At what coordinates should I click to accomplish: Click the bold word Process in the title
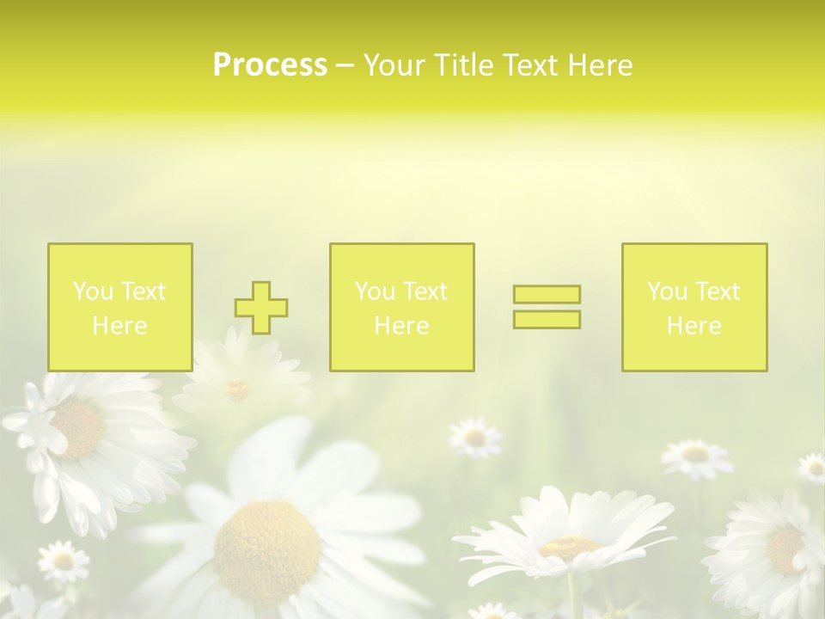pyautogui.click(x=270, y=65)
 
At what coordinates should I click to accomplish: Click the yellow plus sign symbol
pyautogui.click(x=261, y=308)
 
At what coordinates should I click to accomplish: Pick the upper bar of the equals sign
pyautogui.click(x=547, y=294)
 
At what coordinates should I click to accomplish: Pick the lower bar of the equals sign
pyautogui.click(x=547, y=320)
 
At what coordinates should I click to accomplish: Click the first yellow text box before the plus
pyautogui.click(x=120, y=308)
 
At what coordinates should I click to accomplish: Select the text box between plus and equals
pyautogui.click(x=401, y=308)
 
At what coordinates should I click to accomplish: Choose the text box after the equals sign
pyautogui.click(x=694, y=308)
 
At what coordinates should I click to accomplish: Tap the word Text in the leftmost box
pyautogui.click(x=143, y=291)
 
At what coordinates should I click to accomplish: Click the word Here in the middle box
pyautogui.click(x=401, y=326)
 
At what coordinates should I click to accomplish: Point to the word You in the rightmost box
pyautogui.click(x=667, y=291)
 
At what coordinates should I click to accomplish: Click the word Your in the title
pyautogui.click(x=396, y=65)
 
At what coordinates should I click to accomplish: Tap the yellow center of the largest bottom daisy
pyautogui.click(x=266, y=541)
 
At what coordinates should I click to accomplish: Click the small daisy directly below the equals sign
pyautogui.click(x=475, y=438)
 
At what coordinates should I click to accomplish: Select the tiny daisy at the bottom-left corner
pyautogui.click(x=64, y=561)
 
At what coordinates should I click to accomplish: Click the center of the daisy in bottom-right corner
pyautogui.click(x=785, y=548)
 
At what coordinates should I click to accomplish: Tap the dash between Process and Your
pyautogui.click(x=345, y=65)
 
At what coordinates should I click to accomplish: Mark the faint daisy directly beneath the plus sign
pyautogui.click(x=238, y=389)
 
